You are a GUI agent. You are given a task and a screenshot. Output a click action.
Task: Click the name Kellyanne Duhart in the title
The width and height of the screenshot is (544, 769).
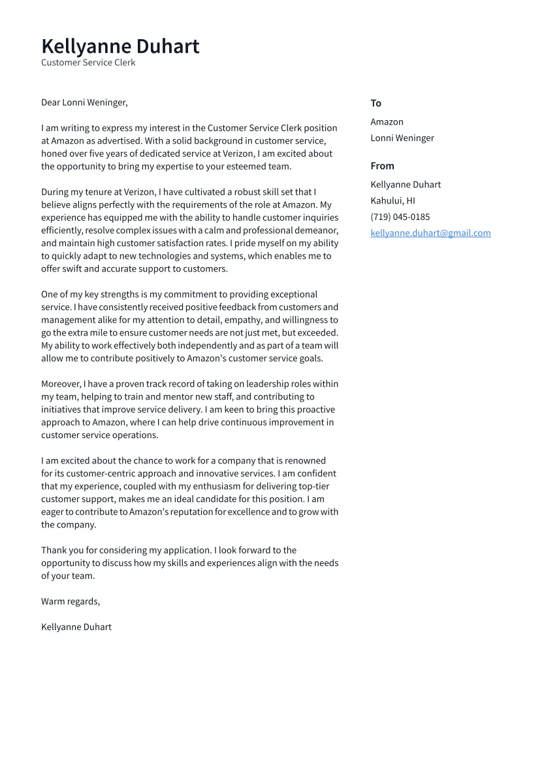(x=120, y=46)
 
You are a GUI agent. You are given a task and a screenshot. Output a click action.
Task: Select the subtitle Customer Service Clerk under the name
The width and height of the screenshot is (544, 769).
(x=88, y=63)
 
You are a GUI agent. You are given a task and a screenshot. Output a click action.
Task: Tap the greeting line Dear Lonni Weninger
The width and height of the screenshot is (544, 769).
(x=84, y=102)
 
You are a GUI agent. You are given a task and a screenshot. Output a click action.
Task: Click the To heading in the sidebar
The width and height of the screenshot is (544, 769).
(x=376, y=103)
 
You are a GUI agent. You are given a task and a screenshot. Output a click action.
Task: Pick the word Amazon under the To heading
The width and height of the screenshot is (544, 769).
(x=387, y=122)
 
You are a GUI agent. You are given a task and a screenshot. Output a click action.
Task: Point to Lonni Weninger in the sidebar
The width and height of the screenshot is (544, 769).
(x=402, y=138)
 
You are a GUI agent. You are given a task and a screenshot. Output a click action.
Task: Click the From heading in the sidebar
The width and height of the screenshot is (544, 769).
(x=382, y=166)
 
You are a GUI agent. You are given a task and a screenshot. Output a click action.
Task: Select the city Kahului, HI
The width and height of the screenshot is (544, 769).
(x=392, y=201)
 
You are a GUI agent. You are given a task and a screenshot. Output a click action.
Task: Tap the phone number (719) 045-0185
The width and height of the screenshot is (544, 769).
(x=400, y=217)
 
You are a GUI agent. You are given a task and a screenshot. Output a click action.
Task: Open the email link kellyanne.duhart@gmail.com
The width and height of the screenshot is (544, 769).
(x=430, y=233)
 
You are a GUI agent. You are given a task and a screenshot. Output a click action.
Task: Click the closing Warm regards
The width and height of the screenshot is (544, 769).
(x=71, y=601)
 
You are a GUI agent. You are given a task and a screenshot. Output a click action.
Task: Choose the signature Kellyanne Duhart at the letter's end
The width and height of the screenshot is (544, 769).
(x=76, y=627)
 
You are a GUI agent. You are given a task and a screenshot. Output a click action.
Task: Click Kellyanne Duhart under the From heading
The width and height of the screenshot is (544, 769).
(x=406, y=185)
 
